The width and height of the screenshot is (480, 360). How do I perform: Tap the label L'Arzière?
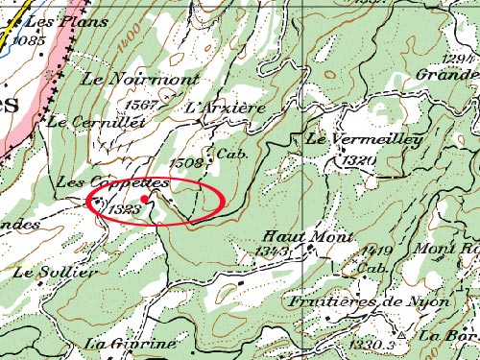[x=225, y=108]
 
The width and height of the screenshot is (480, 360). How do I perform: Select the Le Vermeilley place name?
[x=364, y=140]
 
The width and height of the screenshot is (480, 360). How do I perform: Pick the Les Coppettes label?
[x=114, y=181]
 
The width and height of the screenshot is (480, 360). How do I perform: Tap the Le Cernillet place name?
[x=95, y=122]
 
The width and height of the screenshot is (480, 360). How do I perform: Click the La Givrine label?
[x=131, y=344]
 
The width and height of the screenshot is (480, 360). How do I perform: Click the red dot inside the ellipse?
[x=144, y=200]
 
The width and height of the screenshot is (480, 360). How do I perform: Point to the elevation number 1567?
[x=141, y=105]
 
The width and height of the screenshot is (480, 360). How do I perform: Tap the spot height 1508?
[x=186, y=163]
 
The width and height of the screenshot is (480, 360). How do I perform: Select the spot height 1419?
[x=377, y=252]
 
